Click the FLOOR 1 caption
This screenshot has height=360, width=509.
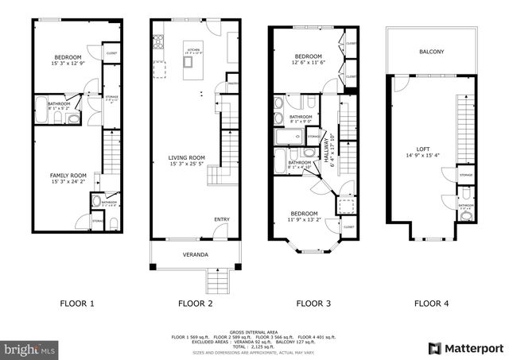click(x=77, y=303)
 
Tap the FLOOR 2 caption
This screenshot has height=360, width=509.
click(x=196, y=303)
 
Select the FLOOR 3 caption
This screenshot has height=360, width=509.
click(x=314, y=303)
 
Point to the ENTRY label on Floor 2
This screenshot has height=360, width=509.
click(x=222, y=219)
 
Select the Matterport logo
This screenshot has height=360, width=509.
click(x=466, y=347)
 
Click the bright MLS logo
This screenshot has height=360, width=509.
click(x=29, y=348)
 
